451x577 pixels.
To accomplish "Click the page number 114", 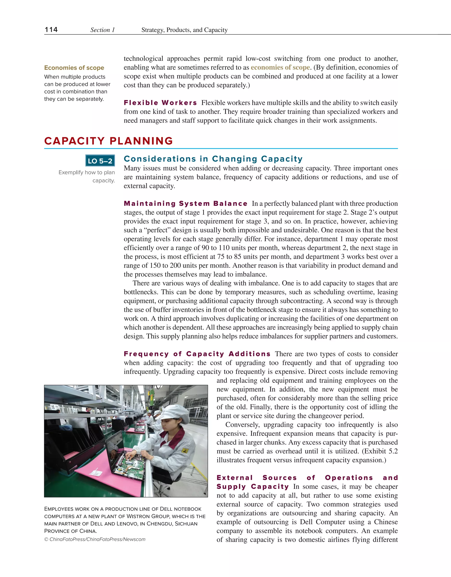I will pyautogui.click(x=51, y=30).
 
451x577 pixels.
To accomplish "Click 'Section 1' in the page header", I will pyautogui.click(x=103, y=30).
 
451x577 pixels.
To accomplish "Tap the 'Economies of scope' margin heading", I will pyautogui.click(x=74, y=68).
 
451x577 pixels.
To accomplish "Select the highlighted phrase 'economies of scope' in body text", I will pyautogui.click(x=280, y=67).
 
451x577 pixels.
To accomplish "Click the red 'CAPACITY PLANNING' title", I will pyautogui.click(x=109, y=141).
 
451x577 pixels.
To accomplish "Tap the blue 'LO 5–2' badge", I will pyautogui.click(x=100, y=161).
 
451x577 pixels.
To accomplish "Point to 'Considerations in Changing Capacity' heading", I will pyautogui.click(x=213, y=159).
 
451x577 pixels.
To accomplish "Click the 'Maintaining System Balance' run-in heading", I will pyautogui.click(x=185, y=203).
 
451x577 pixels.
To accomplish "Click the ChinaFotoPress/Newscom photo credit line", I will pyautogui.click(x=95, y=539).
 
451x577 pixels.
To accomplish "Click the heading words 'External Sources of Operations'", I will pyautogui.click(x=295, y=478).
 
